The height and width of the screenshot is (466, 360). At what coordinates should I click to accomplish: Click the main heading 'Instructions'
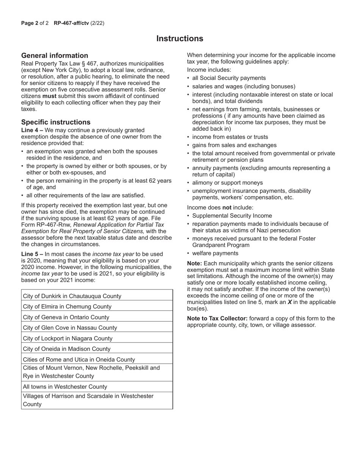(x=180, y=39)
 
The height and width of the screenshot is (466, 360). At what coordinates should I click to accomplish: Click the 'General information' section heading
(x=55, y=55)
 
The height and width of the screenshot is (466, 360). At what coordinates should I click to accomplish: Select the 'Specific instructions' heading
(x=56, y=122)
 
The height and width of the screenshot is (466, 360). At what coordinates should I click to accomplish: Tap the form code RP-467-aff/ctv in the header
(x=71, y=23)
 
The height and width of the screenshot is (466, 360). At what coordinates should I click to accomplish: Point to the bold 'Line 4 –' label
(x=32, y=130)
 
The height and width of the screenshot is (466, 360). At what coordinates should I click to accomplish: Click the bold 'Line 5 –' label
(x=32, y=254)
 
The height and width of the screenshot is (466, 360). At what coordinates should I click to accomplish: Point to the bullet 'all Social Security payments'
(x=229, y=78)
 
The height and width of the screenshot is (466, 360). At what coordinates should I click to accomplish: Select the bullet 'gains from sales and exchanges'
(x=234, y=145)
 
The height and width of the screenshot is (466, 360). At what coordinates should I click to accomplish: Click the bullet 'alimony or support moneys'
(x=227, y=183)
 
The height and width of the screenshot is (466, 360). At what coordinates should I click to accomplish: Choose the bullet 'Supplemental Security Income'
(x=232, y=216)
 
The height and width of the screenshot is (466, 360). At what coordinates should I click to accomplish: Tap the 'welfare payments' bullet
(x=215, y=253)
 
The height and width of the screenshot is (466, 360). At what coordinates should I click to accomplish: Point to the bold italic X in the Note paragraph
(x=290, y=302)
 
